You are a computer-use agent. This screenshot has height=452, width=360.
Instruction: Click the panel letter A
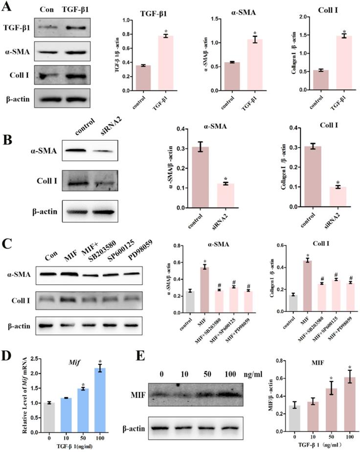(8, 8)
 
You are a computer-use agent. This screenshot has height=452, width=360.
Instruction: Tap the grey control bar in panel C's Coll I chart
(292, 302)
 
